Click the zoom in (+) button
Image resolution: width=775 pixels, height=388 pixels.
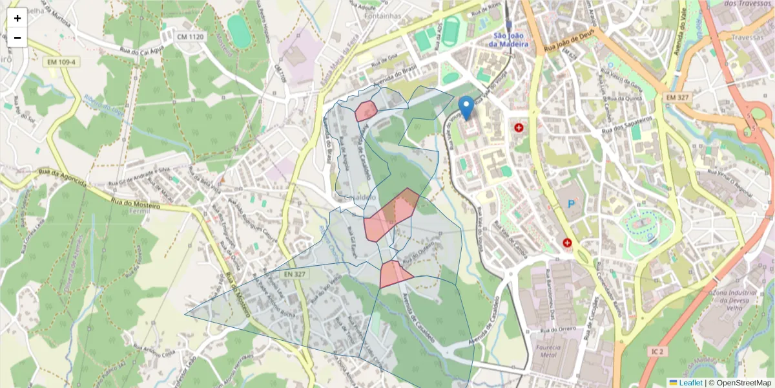point(17,18)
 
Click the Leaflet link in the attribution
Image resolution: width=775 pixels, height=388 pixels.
point(690,383)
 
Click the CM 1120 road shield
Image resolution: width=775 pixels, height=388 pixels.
point(190,38)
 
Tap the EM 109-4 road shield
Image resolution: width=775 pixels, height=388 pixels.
point(61,62)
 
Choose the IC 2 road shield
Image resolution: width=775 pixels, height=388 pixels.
point(657,351)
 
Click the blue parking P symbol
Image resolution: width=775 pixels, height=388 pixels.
point(570,204)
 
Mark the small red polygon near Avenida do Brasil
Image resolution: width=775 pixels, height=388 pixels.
point(366,111)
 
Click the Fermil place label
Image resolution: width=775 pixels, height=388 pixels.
point(139,211)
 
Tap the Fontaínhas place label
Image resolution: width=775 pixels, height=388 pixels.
point(382,16)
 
